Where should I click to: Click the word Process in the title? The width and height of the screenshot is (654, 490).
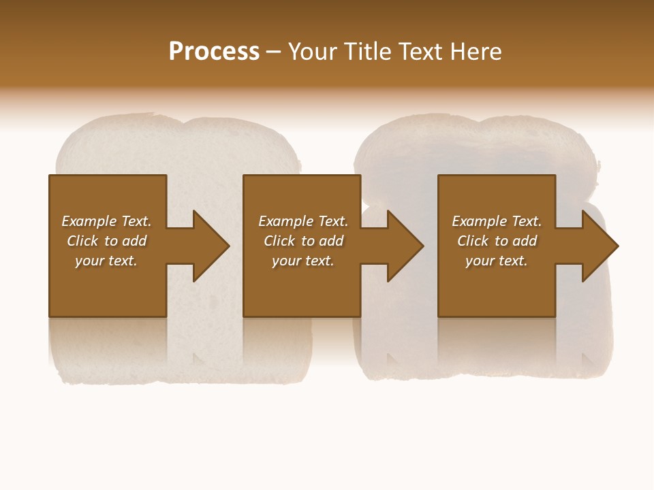point(214,52)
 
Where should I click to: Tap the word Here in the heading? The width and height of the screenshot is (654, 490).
point(476,52)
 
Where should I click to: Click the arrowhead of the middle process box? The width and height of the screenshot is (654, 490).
point(405,246)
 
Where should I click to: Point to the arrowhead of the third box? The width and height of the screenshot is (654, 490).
point(599,246)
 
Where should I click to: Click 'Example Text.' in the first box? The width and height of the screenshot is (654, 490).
point(106,221)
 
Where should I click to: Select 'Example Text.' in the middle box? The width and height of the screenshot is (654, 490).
point(303,221)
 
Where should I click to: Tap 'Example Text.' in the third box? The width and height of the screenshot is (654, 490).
point(497,221)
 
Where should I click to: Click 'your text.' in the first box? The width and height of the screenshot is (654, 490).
point(106,261)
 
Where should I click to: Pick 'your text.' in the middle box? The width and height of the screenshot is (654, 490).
point(303,261)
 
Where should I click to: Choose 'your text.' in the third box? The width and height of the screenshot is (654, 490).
point(497,261)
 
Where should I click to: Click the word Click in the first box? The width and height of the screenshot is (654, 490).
point(83,241)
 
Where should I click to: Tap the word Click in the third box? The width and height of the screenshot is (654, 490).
point(473,241)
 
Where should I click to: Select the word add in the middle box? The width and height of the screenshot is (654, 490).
point(331,241)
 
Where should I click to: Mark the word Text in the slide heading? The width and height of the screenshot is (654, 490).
point(420,52)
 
